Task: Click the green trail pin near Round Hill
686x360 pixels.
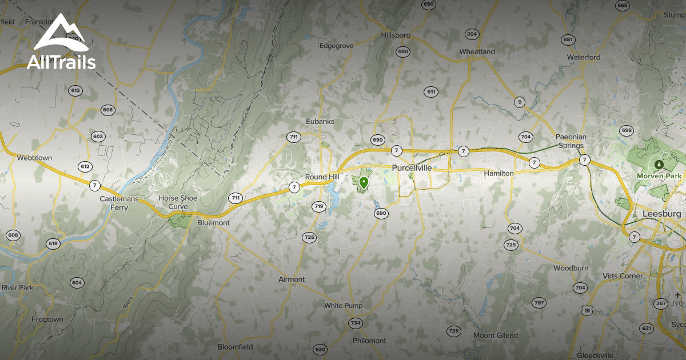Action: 363,183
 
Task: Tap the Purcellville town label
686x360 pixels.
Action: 412,168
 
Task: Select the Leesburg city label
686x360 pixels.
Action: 662,213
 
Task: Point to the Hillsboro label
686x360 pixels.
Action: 396,35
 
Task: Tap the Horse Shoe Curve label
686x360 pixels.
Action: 178,202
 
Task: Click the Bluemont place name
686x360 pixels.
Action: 213,222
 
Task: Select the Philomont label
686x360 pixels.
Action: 369,341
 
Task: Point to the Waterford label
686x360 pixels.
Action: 584,57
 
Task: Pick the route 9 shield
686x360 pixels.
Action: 519,102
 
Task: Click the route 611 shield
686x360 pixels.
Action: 431,92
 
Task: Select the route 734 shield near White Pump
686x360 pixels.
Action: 356,323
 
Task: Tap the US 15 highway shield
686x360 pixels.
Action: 588,310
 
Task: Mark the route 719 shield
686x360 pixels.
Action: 319,206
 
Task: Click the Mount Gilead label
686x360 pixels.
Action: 496,335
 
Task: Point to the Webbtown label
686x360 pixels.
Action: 34,157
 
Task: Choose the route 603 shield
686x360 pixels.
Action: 98,136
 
